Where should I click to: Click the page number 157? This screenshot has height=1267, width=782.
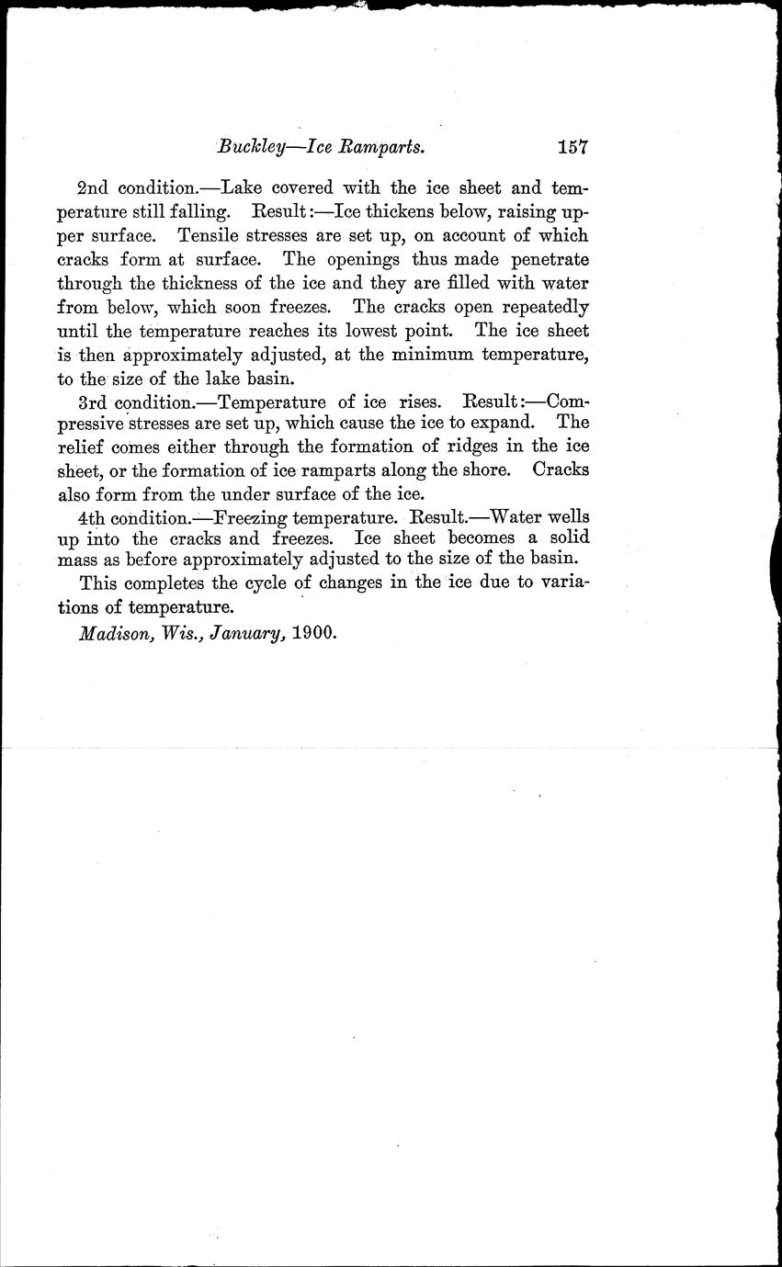coord(571,146)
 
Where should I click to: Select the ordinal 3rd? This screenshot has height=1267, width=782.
coord(94,401)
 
